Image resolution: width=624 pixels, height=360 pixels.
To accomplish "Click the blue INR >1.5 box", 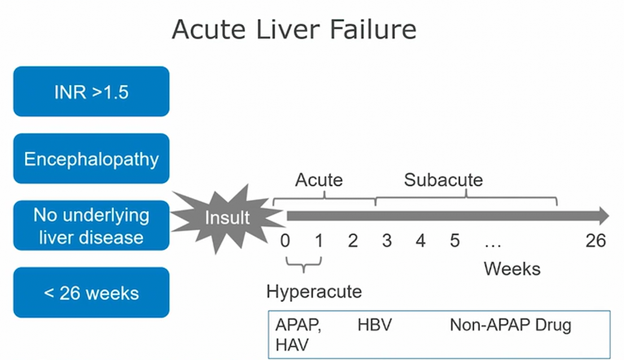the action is pyautogui.click(x=91, y=91).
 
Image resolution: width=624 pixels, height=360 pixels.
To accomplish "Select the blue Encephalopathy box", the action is pyautogui.click(x=91, y=159).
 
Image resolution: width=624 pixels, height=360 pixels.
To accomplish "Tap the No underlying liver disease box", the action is pyautogui.click(x=91, y=226).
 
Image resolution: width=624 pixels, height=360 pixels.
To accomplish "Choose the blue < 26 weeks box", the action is pyautogui.click(x=91, y=292).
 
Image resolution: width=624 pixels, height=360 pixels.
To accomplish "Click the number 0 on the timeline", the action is pyautogui.click(x=285, y=241).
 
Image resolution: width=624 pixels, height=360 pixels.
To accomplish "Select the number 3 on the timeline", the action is pyautogui.click(x=387, y=241).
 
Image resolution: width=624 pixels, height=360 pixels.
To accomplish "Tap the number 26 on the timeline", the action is pyautogui.click(x=596, y=241).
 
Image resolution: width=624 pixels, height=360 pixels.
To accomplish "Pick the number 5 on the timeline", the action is pyautogui.click(x=455, y=241).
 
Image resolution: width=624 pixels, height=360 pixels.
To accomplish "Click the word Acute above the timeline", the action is pyautogui.click(x=318, y=180).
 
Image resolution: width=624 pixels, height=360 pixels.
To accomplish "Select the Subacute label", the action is pyautogui.click(x=443, y=180).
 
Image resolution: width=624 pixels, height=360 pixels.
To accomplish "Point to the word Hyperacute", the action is pyautogui.click(x=314, y=292).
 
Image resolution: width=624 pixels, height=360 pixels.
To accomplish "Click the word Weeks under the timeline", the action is pyautogui.click(x=512, y=269).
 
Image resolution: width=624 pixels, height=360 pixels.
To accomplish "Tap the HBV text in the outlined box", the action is pyautogui.click(x=374, y=325).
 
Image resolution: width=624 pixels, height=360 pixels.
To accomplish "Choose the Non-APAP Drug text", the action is pyautogui.click(x=510, y=326).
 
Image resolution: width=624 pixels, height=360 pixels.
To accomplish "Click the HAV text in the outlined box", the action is pyautogui.click(x=292, y=345).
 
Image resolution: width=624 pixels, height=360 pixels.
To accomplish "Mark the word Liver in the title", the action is pyautogui.click(x=288, y=29).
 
